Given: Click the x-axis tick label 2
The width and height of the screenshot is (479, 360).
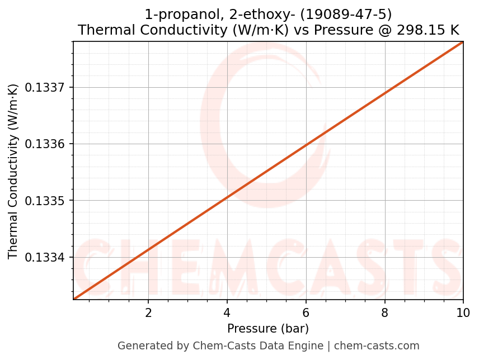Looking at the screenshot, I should pyautogui.click(x=148, y=312).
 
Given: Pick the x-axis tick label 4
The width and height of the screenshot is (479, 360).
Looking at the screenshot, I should pyautogui.click(x=227, y=312).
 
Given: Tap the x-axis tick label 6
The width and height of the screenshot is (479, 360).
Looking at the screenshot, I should pyautogui.click(x=306, y=312).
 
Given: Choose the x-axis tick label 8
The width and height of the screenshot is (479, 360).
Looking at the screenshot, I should pyautogui.click(x=385, y=312).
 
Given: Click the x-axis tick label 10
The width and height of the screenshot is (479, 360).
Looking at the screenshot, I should pyautogui.click(x=463, y=312).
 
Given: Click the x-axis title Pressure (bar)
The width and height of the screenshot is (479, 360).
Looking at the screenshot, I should pyautogui.click(x=268, y=329).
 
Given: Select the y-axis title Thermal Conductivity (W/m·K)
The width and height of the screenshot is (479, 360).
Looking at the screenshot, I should pyautogui.click(x=13, y=170).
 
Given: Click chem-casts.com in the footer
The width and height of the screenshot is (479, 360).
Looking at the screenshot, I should pyautogui.click(x=377, y=346).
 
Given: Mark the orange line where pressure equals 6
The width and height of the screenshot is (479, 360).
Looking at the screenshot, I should pyautogui.click(x=306, y=145).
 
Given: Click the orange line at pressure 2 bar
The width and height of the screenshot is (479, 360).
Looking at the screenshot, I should pyautogui.click(x=148, y=248).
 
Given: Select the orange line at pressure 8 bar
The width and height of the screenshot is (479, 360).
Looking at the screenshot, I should pyautogui.click(x=385, y=93).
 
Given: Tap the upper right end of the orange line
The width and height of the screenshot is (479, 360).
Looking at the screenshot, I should pyautogui.click(x=462, y=42).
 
